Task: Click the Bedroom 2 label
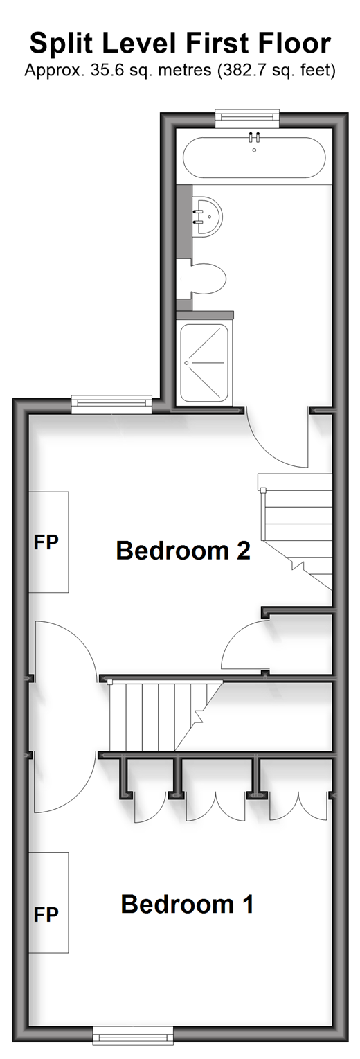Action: pos(183,551)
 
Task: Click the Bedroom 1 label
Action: pos(188,904)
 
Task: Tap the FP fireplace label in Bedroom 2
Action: pos(46,542)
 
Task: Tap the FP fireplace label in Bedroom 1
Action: pos(46,915)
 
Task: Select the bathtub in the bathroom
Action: pos(254,157)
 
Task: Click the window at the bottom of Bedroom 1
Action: pos(133,1043)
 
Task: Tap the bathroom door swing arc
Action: pos(271,447)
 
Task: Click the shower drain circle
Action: pos(187,363)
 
